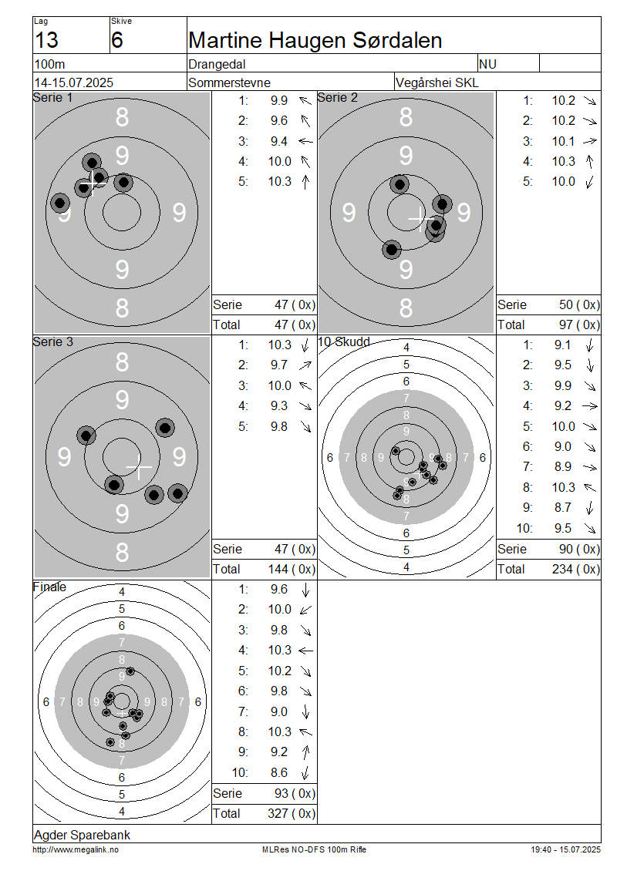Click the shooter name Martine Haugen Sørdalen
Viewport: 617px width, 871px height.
(315, 41)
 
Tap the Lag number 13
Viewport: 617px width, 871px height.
(47, 41)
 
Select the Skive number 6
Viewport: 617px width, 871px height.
(116, 41)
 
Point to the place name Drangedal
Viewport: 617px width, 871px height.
(217, 65)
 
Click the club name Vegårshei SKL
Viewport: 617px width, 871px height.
(437, 82)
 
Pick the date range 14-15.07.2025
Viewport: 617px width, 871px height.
(74, 82)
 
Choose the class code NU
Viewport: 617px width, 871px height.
(487, 65)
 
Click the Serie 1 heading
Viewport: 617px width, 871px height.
(52, 98)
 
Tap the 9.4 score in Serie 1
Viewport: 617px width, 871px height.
(279, 141)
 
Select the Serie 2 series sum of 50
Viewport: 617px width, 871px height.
(566, 305)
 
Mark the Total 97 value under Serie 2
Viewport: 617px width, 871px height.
(566, 325)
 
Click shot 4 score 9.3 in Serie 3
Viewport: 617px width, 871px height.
(279, 406)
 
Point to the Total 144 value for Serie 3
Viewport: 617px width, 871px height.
(278, 570)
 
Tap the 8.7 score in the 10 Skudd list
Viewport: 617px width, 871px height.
(562, 508)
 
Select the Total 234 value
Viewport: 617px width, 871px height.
(562, 570)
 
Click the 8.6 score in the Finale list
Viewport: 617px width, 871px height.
(279, 772)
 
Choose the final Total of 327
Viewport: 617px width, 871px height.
(278, 814)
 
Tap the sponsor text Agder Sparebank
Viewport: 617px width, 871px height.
(83, 836)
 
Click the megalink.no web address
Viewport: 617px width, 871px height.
(76, 850)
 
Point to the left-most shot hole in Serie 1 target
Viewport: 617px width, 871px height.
(60, 203)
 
